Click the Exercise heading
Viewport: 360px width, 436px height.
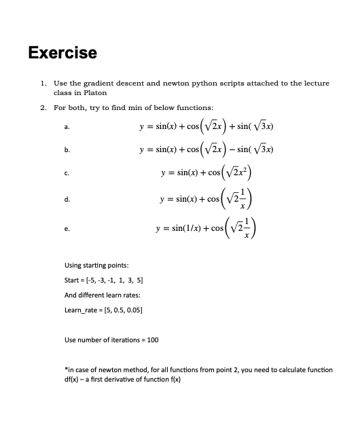(62, 52)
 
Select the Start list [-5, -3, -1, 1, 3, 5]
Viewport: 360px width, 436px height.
(113, 280)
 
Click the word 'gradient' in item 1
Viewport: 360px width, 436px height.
(114, 83)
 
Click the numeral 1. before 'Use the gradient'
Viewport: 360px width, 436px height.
(43, 83)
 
